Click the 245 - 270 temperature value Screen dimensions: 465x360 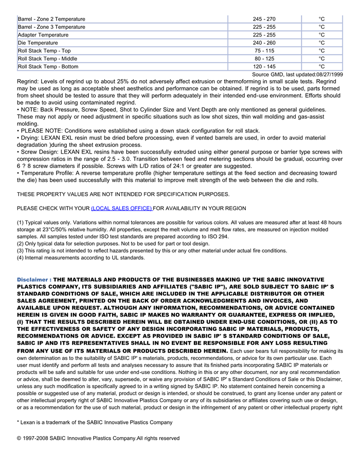tap(264, 19)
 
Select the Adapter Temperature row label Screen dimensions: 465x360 tap(43, 35)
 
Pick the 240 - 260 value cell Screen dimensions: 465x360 tap(264, 43)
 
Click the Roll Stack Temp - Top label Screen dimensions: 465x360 tap(44, 51)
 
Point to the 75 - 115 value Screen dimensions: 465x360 tap(264, 51)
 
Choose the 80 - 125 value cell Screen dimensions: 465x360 tap(264, 59)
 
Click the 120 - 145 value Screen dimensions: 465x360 tap(264, 66)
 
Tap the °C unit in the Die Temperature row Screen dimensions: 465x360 tap(321, 43)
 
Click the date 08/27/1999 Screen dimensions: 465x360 tap(329, 75)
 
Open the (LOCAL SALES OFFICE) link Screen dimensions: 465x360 tap(121, 208)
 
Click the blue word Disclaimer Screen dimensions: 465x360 tap(32, 280)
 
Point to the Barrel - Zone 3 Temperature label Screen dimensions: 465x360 tap(51, 27)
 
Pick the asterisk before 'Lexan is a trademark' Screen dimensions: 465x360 tap(19, 422)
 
